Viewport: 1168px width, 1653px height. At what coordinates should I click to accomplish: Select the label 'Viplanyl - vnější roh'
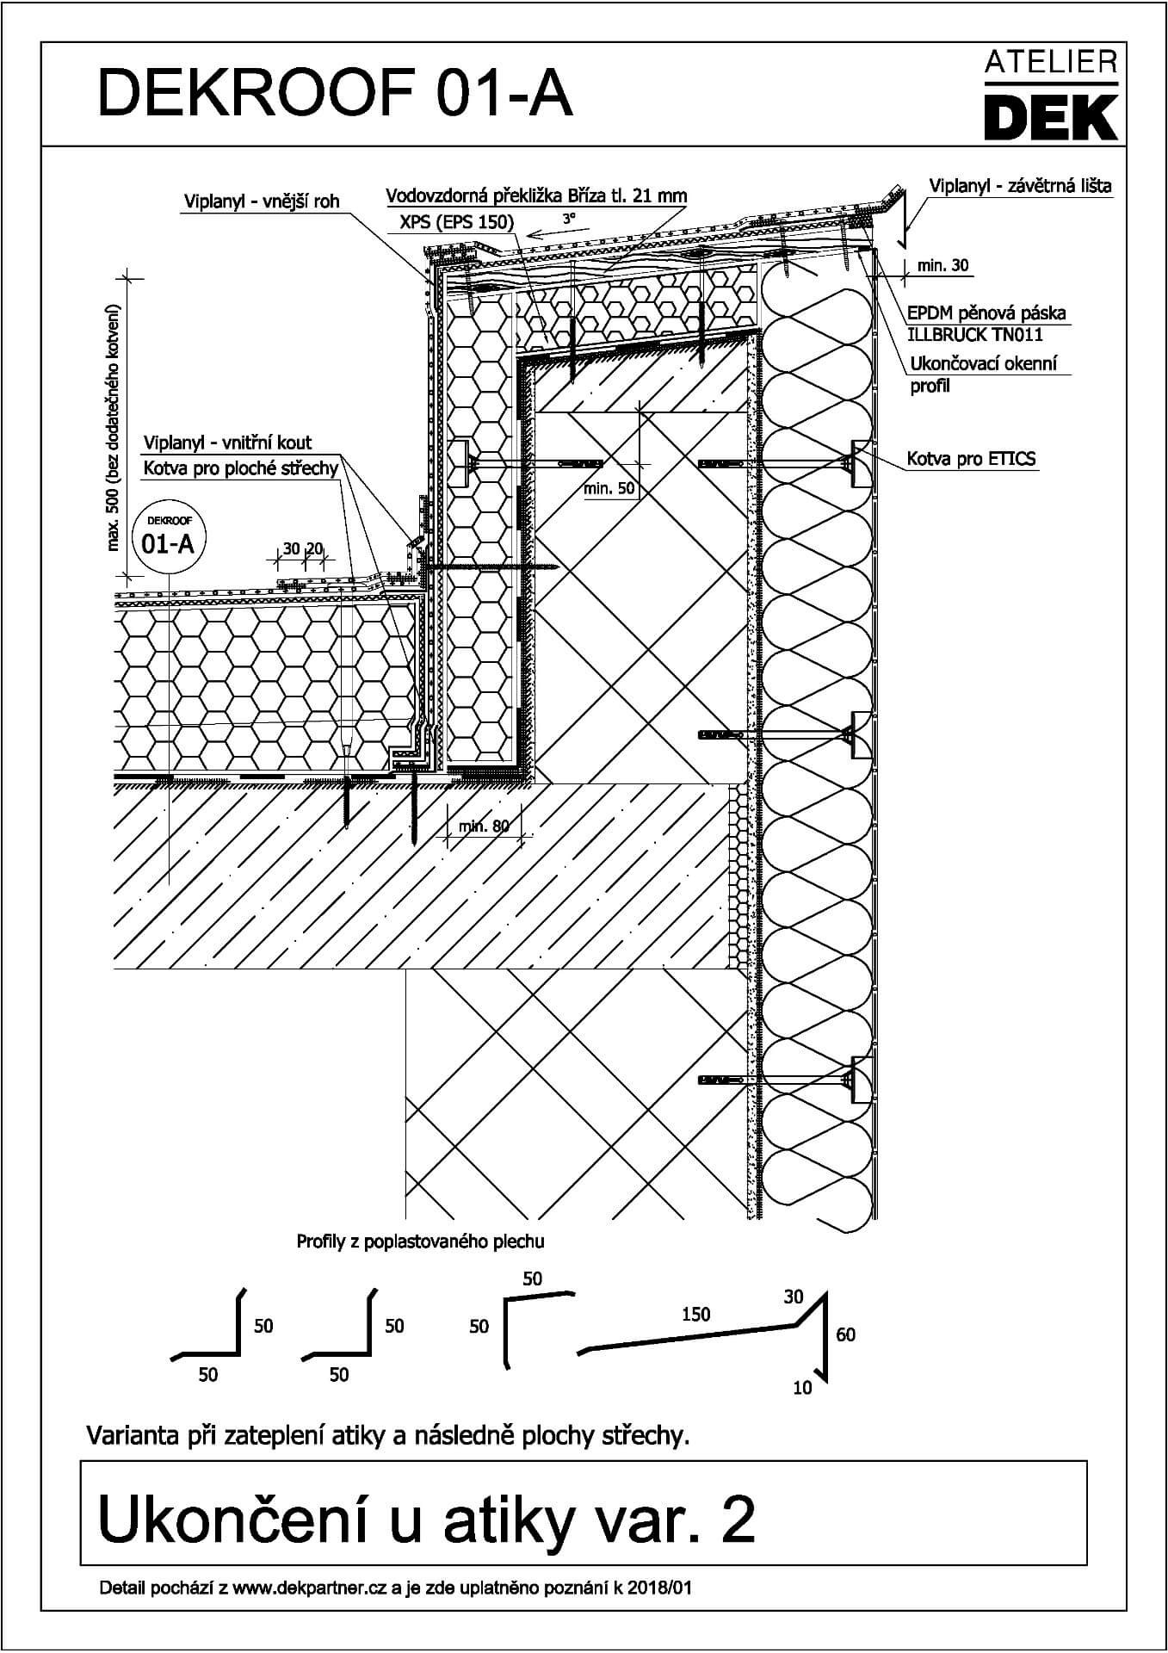[262, 201]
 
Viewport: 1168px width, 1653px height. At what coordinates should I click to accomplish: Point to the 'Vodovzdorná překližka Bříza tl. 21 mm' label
[536, 195]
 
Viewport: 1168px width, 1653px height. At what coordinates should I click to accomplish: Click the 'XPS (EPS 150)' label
[456, 222]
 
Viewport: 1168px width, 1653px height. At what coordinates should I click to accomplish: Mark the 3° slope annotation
[569, 220]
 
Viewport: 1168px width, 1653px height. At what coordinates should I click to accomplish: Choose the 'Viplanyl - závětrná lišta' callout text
[1020, 185]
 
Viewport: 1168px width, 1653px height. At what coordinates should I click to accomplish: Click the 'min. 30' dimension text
[942, 265]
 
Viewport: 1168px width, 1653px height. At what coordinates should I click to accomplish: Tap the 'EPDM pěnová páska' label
[986, 313]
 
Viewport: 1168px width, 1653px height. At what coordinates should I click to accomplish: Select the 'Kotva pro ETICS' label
[971, 459]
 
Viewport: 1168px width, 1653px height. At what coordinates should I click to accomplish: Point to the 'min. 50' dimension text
[609, 488]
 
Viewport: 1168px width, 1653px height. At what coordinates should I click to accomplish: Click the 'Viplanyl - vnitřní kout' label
[227, 443]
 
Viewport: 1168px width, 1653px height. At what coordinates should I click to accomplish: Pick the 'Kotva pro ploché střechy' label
[240, 467]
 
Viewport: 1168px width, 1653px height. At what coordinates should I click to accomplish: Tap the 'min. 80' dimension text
[484, 826]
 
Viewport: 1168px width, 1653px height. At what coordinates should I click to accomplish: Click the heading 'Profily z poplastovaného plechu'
[420, 1241]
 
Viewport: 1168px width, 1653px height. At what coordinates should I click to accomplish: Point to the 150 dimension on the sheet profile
[695, 1314]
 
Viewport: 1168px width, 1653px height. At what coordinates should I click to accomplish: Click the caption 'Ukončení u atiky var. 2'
[428, 1520]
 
